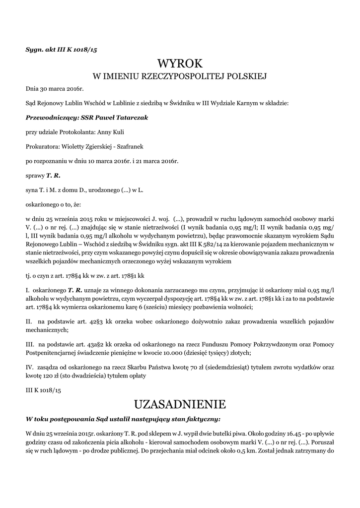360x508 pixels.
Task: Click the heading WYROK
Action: coord(180,63)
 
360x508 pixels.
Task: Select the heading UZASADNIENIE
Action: coord(180,402)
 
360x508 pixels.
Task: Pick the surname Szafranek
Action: coord(132,147)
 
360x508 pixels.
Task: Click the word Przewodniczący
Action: coord(50,118)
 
